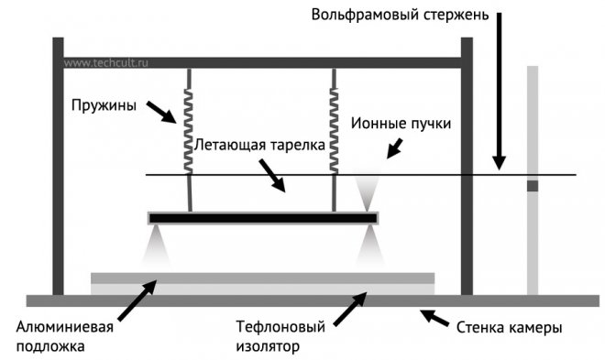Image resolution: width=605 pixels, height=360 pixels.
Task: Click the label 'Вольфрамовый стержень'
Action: [x=400, y=16]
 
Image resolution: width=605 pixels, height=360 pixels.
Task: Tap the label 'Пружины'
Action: [x=104, y=105]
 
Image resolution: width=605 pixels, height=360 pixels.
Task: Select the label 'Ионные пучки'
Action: [x=401, y=124]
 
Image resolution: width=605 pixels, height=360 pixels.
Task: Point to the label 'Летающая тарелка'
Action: [x=259, y=145]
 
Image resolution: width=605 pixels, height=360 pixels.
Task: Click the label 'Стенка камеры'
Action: [x=510, y=328]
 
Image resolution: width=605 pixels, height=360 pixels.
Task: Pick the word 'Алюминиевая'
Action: [x=65, y=327]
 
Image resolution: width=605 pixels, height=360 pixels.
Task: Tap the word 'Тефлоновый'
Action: [x=280, y=327]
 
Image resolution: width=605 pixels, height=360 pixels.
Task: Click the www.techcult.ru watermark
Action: [x=105, y=63]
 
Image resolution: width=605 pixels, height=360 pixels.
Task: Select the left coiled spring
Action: [x=188, y=131]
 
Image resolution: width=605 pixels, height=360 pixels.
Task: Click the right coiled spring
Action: [x=334, y=131]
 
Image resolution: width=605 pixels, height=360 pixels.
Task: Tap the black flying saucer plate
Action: [x=263, y=219]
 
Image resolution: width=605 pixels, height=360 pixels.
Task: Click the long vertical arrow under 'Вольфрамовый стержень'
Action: [x=499, y=91]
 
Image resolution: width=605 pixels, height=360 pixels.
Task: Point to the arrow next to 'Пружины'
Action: [x=161, y=112]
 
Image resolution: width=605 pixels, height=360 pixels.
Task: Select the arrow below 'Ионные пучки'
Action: [x=395, y=148]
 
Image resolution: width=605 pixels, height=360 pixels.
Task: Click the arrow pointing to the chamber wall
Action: [x=434, y=318]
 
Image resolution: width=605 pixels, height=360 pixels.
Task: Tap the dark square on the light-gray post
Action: [x=533, y=186]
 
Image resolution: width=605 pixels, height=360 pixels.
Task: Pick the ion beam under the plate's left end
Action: [x=156, y=245]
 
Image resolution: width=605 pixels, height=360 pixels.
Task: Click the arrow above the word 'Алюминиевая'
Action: [x=137, y=300]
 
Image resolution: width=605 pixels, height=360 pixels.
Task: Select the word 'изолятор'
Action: [x=268, y=346]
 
